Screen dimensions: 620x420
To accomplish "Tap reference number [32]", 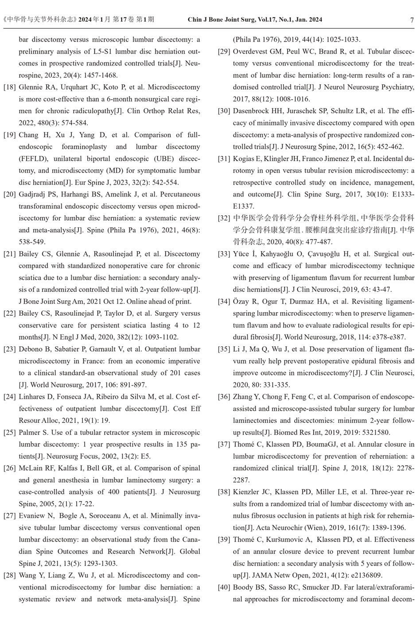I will (x=224, y=218).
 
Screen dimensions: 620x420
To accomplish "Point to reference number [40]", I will (x=224, y=588).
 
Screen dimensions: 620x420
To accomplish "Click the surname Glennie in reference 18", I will (x=31, y=87).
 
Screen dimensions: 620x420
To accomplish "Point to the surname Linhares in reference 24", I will (x=32, y=397).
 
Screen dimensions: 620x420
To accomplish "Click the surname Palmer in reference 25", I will (x=29, y=433).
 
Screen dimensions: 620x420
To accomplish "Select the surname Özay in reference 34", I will (x=242, y=302).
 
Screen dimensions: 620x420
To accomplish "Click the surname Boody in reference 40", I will (x=243, y=588).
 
